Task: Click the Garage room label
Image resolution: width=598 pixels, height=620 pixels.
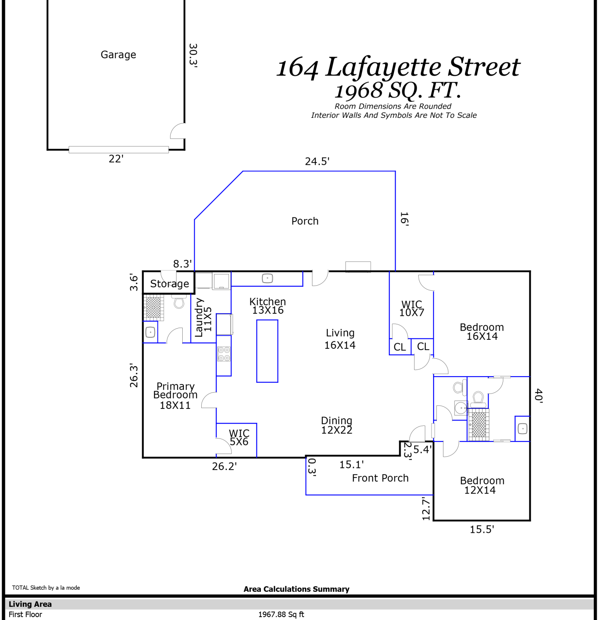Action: coord(118,55)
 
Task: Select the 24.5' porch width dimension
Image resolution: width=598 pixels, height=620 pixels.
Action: coord(317,161)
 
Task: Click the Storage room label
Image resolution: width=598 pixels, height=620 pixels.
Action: coord(169,284)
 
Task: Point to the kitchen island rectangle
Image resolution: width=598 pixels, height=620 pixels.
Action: coord(267,351)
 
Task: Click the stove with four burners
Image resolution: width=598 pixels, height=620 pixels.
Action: coord(224,354)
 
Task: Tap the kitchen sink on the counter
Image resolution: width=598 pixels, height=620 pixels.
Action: coord(267,279)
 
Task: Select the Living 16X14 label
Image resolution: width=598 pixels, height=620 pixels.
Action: coord(340,339)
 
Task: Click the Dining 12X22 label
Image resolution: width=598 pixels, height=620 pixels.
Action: coord(337,425)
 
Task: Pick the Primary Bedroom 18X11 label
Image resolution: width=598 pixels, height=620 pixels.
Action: coord(175,396)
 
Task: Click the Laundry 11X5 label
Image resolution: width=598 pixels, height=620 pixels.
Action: coord(203,317)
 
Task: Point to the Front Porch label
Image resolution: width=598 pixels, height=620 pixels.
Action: coord(380,478)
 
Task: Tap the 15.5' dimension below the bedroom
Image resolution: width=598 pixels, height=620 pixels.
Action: coord(482,529)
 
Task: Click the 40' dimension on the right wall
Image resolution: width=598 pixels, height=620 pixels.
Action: coord(538,396)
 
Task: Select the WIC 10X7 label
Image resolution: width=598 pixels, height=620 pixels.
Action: coord(412,309)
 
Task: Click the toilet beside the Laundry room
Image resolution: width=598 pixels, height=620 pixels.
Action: coord(179,302)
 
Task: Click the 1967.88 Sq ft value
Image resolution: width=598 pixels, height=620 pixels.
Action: coord(281,615)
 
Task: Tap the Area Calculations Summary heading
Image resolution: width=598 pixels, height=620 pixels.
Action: coord(296,589)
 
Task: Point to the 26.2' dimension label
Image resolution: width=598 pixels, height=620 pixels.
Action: coord(224,466)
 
